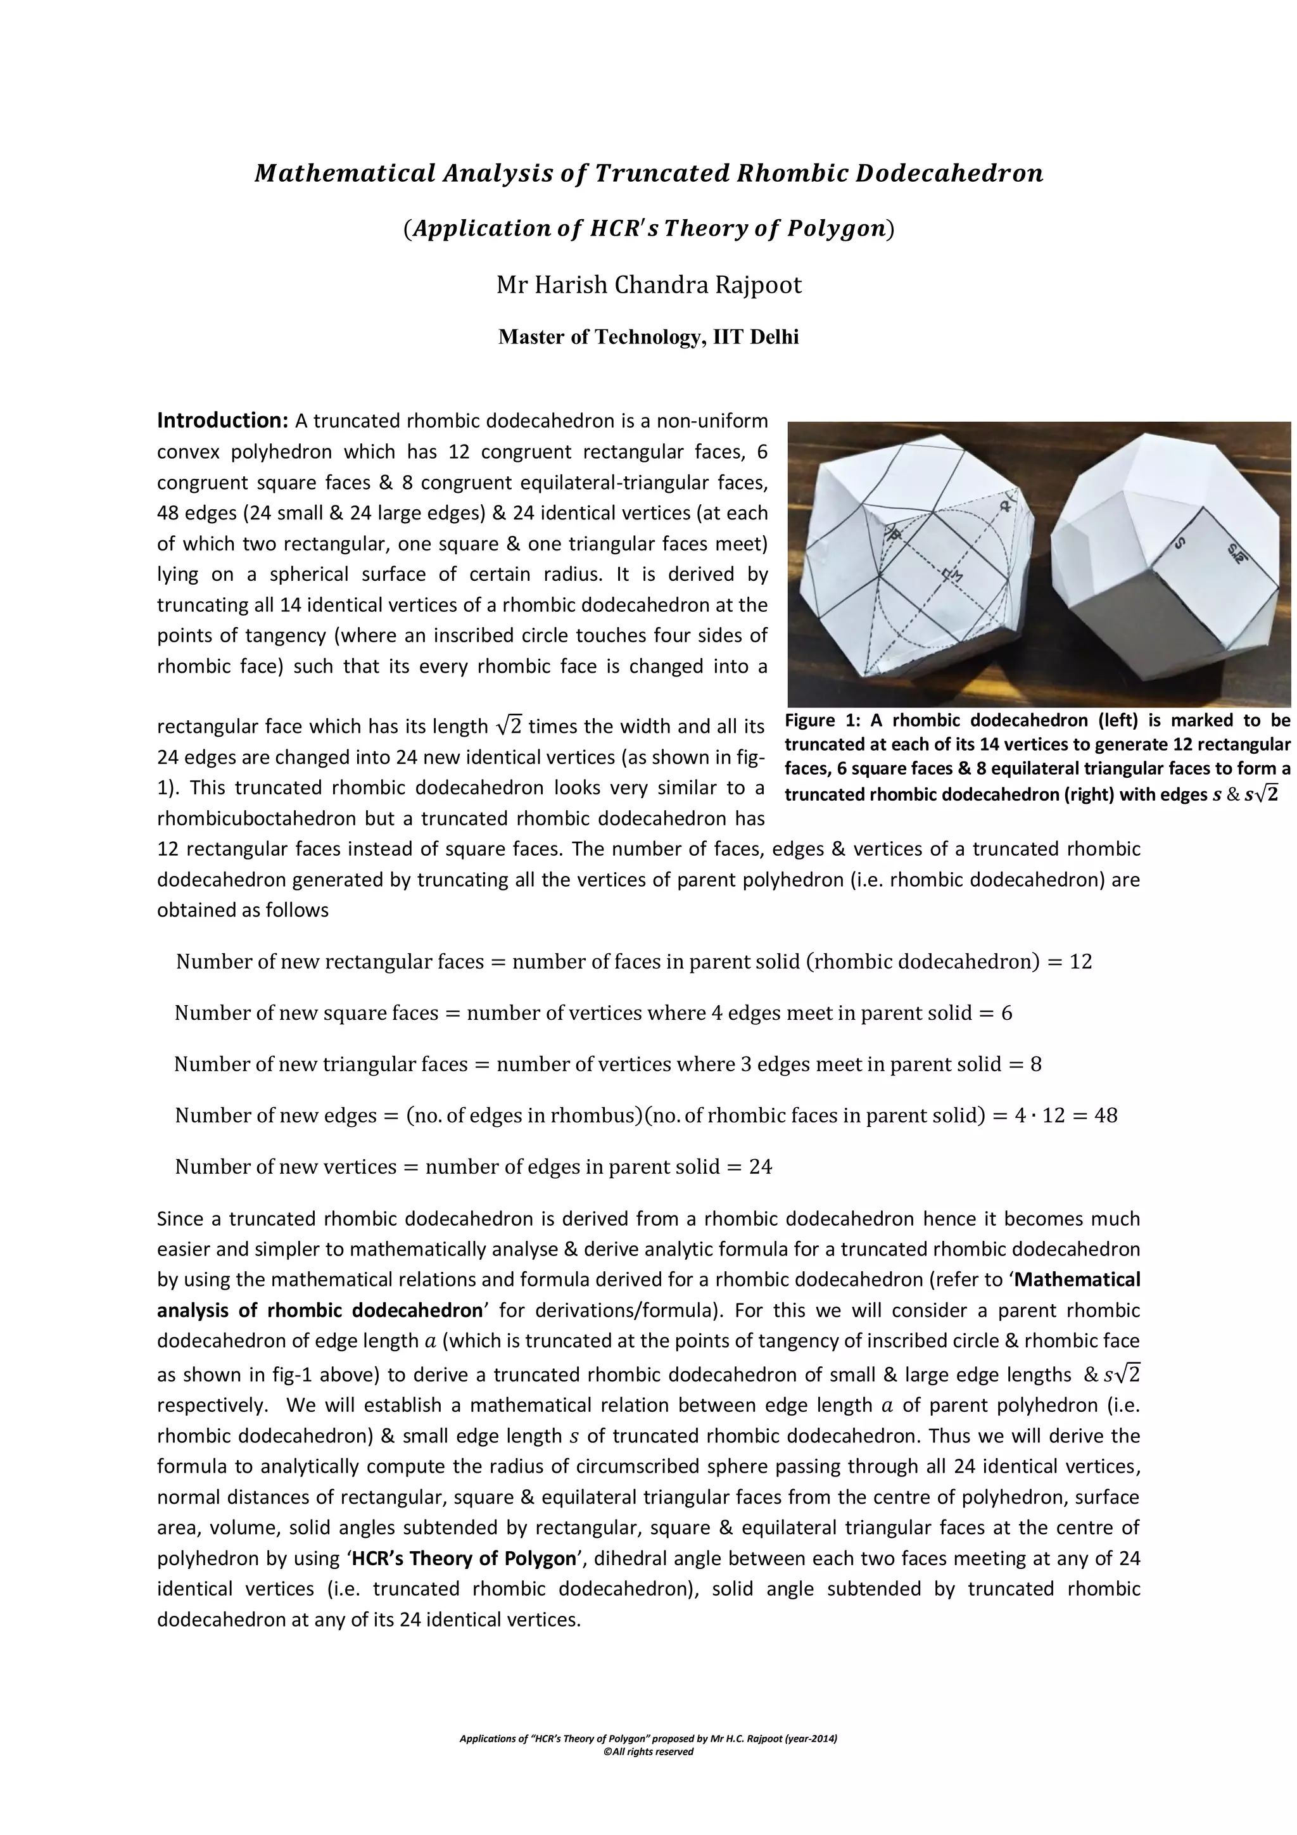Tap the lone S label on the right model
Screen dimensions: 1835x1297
[x=1180, y=543]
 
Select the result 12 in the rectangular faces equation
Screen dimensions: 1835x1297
[x=1080, y=962]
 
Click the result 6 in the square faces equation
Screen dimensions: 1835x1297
[x=1006, y=1013]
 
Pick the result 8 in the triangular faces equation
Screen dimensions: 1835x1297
[x=1035, y=1065]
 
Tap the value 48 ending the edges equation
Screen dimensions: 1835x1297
[x=1105, y=1115]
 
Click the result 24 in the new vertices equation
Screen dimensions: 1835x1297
[x=760, y=1167]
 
